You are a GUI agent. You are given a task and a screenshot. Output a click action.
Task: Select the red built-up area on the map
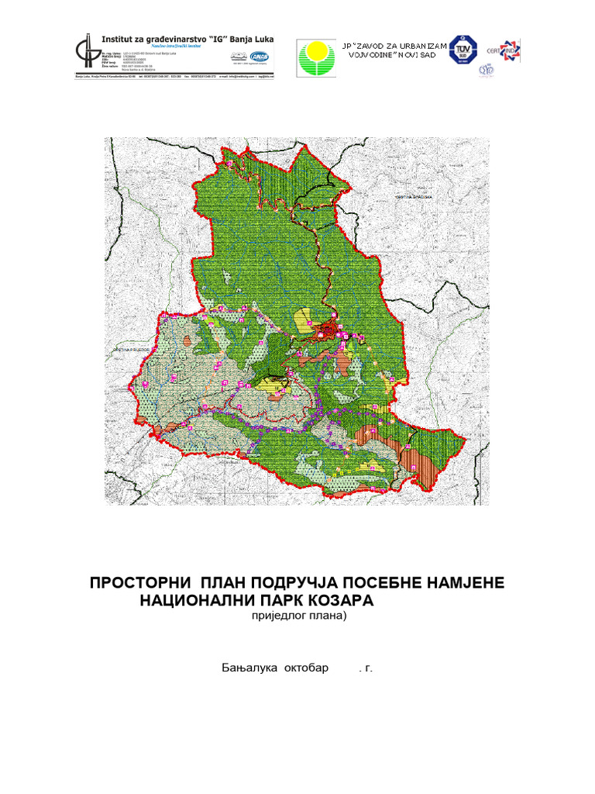click(x=328, y=333)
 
